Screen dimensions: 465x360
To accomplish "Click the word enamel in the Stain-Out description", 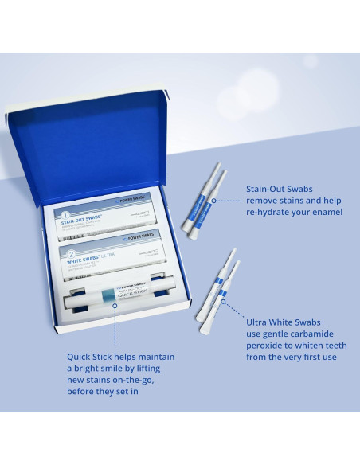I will click(x=324, y=212).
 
